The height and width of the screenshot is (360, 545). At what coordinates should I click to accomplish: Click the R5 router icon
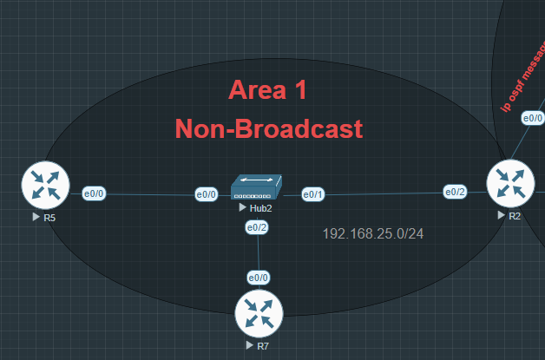45,186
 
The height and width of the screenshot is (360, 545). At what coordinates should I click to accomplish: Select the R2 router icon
510,184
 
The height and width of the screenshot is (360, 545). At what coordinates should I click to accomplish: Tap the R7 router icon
259,313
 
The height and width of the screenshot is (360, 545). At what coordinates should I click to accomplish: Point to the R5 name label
49,217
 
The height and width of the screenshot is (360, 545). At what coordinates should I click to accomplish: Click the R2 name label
515,215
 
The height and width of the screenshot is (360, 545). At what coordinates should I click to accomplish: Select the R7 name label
262,345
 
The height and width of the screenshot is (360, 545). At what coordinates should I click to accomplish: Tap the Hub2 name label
258,209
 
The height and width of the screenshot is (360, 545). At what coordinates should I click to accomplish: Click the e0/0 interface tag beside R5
94,193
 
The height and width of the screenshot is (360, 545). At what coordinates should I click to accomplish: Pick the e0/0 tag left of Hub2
207,194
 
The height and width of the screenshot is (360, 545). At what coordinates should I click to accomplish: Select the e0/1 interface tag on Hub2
312,193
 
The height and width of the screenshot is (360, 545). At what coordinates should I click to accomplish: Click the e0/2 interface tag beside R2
455,192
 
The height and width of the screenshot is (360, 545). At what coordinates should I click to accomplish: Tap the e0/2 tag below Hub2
257,227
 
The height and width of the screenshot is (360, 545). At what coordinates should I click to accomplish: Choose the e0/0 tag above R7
259,278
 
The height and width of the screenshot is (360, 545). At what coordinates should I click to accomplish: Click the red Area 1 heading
267,89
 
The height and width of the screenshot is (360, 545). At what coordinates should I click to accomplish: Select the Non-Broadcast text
268,129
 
